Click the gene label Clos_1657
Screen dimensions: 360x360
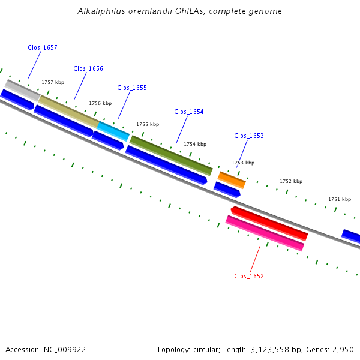tap(43, 47)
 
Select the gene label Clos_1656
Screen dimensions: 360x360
tap(88, 68)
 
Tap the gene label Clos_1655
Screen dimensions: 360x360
tap(132, 88)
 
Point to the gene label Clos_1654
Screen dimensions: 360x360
tap(189, 112)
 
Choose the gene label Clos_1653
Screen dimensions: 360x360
tap(249, 136)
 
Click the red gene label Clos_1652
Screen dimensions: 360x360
tap(249, 276)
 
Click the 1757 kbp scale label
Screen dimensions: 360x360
tap(53, 82)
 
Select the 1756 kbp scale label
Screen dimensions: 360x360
tap(100, 103)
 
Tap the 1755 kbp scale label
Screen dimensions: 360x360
tap(148, 124)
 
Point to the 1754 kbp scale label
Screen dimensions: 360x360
tap(195, 144)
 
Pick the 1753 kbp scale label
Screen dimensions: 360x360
tap(243, 163)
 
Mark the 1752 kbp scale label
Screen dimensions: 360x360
tap(291, 181)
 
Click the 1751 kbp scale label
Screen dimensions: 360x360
tap(340, 199)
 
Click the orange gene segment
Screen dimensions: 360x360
tap(232, 179)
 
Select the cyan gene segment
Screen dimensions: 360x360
tap(113, 131)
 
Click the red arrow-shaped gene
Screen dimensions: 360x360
tap(269, 223)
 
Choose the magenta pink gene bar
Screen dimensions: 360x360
tap(265, 233)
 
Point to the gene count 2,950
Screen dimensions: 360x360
tap(343, 349)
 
